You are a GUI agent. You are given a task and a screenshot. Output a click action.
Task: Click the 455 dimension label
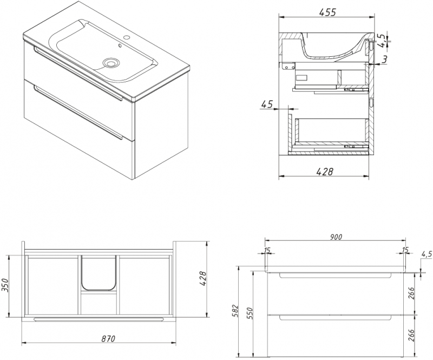pyautogui.click(x=327, y=12)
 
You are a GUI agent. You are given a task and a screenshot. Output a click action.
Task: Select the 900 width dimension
pyautogui.click(x=336, y=237)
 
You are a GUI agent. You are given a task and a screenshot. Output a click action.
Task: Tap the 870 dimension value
pyautogui.click(x=108, y=338)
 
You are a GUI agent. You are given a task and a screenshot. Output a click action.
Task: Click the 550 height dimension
pyautogui.click(x=250, y=313)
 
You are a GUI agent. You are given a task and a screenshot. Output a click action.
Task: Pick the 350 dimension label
pyautogui.click(x=5, y=285)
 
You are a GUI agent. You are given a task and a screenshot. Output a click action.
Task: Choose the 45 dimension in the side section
pyautogui.click(x=267, y=104)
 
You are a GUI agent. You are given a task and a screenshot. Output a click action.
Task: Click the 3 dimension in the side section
pyautogui.click(x=385, y=58)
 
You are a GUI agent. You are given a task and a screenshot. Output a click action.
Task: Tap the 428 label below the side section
pyautogui.click(x=324, y=172)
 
